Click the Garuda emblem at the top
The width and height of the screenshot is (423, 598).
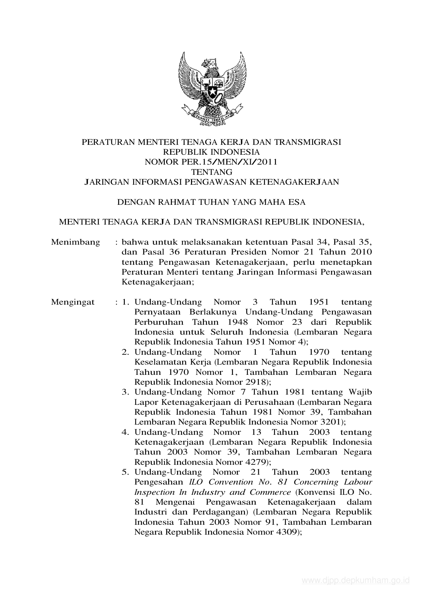[x=212, y=89]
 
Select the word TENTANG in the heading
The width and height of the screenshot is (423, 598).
[x=211, y=172]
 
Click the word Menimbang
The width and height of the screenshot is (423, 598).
[x=75, y=242]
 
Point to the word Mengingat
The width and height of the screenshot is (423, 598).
[x=73, y=302]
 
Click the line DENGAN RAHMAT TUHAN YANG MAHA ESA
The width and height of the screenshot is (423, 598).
[x=211, y=202]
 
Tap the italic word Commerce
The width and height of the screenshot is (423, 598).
[x=270, y=492]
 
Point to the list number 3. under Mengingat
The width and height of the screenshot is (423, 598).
[x=125, y=392]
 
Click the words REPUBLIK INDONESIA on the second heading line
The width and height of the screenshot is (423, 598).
[x=211, y=152]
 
